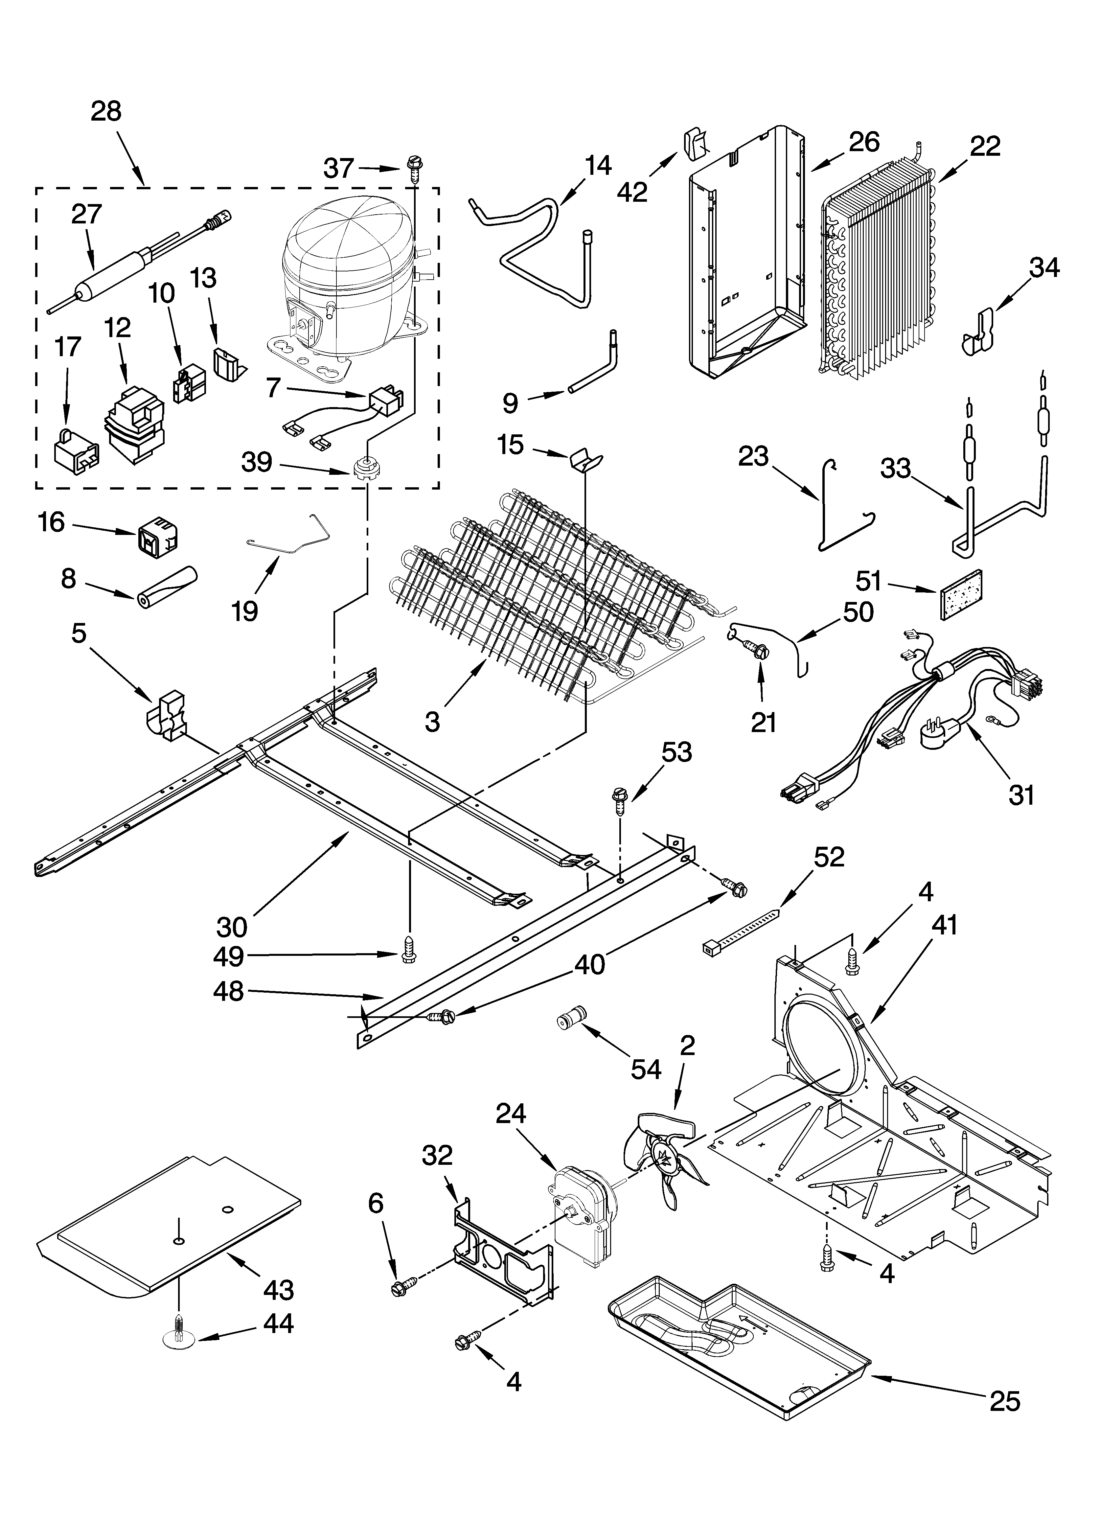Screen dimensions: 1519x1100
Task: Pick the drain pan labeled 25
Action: tap(737, 1346)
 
